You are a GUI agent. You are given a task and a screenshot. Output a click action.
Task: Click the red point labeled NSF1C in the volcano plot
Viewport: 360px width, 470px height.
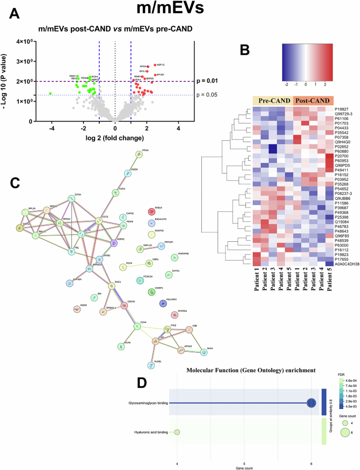coord(155,65)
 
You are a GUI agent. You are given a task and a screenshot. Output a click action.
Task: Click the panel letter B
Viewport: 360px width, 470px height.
coord(245,50)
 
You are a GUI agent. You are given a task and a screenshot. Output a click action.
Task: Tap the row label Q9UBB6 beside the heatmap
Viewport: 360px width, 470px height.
coord(343,198)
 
